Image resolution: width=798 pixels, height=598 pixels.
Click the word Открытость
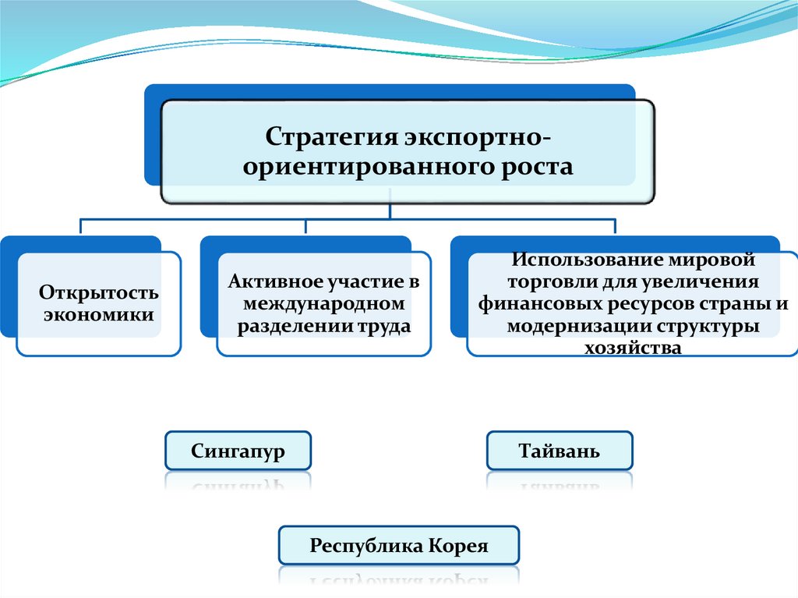tap(99, 294)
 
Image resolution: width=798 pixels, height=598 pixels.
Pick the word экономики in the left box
tap(99, 315)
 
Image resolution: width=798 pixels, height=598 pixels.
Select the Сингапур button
tap(238, 451)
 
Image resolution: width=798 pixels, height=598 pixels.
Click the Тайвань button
tap(560, 451)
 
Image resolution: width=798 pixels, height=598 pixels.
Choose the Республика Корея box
tap(398, 546)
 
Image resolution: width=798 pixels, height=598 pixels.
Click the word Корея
tap(458, 546)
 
